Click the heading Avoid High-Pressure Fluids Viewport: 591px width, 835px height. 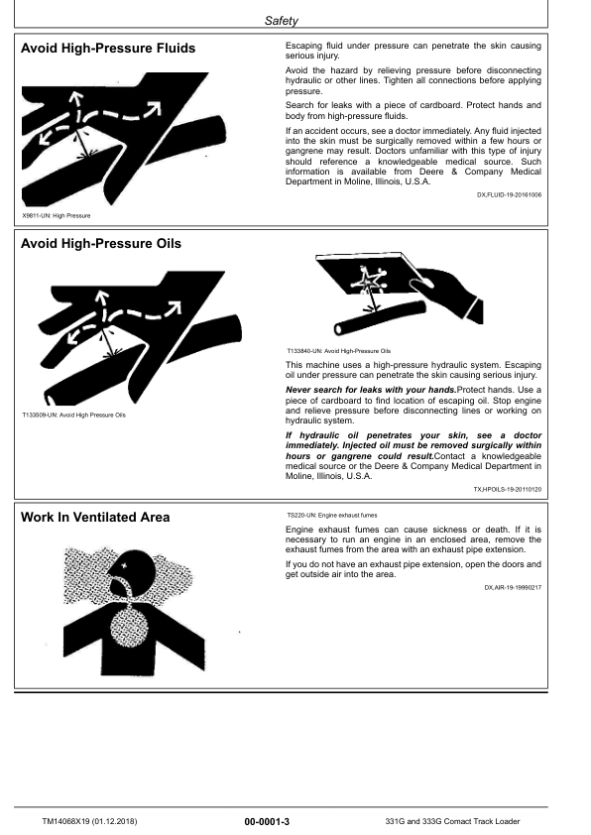click(x=108, y=48)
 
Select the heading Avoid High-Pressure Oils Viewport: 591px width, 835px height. click(x=101, y=243)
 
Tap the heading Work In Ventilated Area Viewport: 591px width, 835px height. click(x=95, y=517)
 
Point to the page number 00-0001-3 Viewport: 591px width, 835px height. click(x=273, y=821)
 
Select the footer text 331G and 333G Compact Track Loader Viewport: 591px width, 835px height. click(x=452, y=821)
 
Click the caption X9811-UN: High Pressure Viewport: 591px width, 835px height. click(x=56, y=215)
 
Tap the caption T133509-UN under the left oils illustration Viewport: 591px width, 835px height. click(x=73, y=415)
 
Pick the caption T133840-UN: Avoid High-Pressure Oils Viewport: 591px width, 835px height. click(x=339, y=351)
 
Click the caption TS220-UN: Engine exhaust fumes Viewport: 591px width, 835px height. click(x=331, y=517)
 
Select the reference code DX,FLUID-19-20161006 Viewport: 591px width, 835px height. click(x=509, y=195)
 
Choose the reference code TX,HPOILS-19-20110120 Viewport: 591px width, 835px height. click(x=507, y=489)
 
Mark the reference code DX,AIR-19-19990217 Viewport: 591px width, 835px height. click(x=513, y=588)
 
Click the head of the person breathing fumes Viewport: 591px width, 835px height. click(x=149, y=577)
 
